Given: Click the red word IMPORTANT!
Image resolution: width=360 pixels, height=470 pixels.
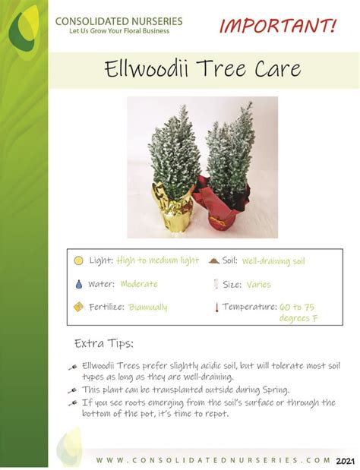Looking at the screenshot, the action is (278, 26).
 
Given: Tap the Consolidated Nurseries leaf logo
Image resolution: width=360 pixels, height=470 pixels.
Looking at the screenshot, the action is (24, 31).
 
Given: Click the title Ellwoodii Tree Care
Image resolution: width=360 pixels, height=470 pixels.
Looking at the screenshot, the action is (202, 68).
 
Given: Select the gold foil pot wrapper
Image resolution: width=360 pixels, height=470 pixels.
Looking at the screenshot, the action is (172, 207).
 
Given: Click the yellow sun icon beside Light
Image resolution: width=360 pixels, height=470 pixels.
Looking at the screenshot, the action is (78, 260).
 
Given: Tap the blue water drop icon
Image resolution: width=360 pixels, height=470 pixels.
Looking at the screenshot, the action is (79, 284).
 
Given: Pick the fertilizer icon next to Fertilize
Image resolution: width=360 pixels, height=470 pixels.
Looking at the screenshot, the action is (78, 307).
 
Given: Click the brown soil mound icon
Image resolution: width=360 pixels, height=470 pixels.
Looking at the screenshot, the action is (214, 260).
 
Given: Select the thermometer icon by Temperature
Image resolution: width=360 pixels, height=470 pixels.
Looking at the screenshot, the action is (216, 308).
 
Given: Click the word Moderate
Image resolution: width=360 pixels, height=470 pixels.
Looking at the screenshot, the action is (139, 283).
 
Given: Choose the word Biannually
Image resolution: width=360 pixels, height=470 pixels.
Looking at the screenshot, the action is (148, 307).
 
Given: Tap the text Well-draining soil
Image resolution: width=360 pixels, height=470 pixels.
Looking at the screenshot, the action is (273, 260).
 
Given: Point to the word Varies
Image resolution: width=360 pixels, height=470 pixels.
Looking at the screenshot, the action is (258, 284).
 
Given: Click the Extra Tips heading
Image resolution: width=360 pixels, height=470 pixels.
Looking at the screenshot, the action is (104, 343).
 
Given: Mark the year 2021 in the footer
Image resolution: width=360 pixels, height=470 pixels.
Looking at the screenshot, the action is (345, 461).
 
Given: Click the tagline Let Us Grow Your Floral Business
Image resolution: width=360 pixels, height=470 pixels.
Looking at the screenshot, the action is (119, 31).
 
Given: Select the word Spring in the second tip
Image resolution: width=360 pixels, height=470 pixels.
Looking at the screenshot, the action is (276, 390).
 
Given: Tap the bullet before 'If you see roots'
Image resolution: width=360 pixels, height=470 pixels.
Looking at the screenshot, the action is (73, 403).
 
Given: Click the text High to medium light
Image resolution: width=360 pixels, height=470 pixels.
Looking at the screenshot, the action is (158, 260).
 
